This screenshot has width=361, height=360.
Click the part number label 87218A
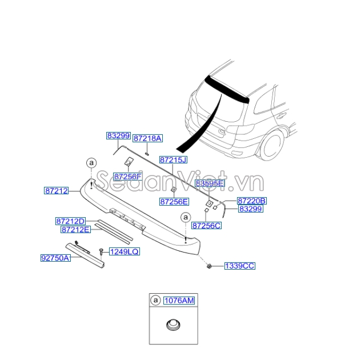pyautogui.click(x=148, y=138)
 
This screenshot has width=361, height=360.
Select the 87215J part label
pyautogui.click(x=173, y=160)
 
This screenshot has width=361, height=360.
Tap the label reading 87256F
pyautogui.click(x=127, y=177)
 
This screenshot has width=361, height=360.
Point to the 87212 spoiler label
pyautogui.click(x=57, y=190)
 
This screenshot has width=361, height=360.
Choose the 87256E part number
pyautogui.click(x=174, y=201)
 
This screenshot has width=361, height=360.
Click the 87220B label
pyautogui.click(x=252, y=201)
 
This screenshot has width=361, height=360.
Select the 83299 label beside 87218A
pyautogui.click(x=118, y=135)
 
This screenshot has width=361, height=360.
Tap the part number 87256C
pyautogui.click(x=206, y=226)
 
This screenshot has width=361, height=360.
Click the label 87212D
pyautogui.click(x=70, y=221)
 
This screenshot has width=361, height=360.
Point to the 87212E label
pyautogui.click(x=75, y=229)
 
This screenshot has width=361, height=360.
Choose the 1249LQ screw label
pyautogui.click(x=124, y=251)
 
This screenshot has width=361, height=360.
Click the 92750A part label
pyautogui.click(x=55, y=258)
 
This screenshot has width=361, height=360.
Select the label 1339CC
pyautogui.click(x=239, y=266)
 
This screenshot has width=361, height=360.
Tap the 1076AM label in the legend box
pyautogui.click(x=179, y=301)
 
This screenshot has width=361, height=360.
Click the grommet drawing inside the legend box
pyautogui.click(x=172, y=326)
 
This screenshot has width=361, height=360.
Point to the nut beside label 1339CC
pyautogui.click(x=210, y=266)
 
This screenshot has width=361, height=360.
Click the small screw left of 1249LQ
pyautogui.click(x=101, y=251)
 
